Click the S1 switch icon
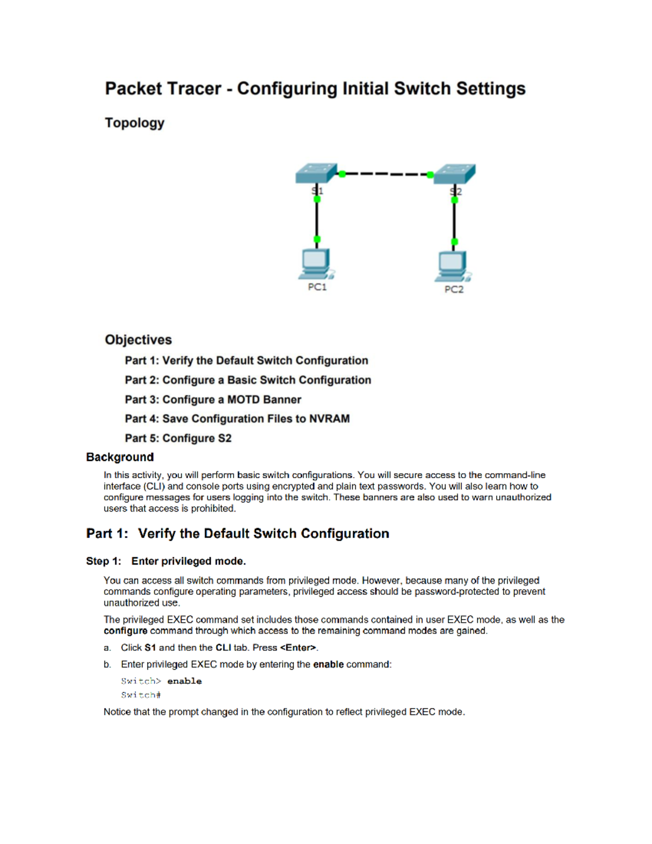pyautogui.click(x=315, y=173)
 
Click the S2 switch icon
pyautogui.click(x=455, y=173)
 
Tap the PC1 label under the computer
pyautogui.click(x=317, y=287)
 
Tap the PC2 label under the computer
pyautogui.click(x=454, y=290)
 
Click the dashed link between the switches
pyautogui.click(x=386, y=174)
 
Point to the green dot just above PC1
pyautogui.click(x=317, y=239)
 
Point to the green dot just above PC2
pyautogui.click(x=455, y=241)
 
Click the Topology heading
pyautogui.click(x=135, y=123)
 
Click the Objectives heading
pyautogui.click(x=138, y=340)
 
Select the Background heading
pyautogui.click(x=120, y=457)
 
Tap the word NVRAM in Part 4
pyautogui.click(x=329, y=418)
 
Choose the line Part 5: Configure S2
pyautogui.click(x=178, y=438)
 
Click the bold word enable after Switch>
pyautogui.click(x=184, y=681)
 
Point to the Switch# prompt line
pyautogui.click(x=141, y=695)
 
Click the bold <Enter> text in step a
pyautogui.click(x=298, y=648)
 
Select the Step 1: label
pyautogui.click(x=103, y=561)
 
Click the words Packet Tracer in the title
pyautogui.click(x=163, y=89)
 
